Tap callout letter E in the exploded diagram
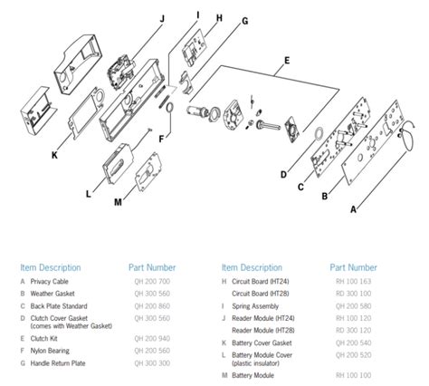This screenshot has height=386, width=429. tap(285, 60)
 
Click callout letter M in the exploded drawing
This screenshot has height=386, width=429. tap(118, 201)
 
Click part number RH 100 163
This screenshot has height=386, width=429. tap(349, 283)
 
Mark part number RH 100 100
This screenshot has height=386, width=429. tap(349, 373)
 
